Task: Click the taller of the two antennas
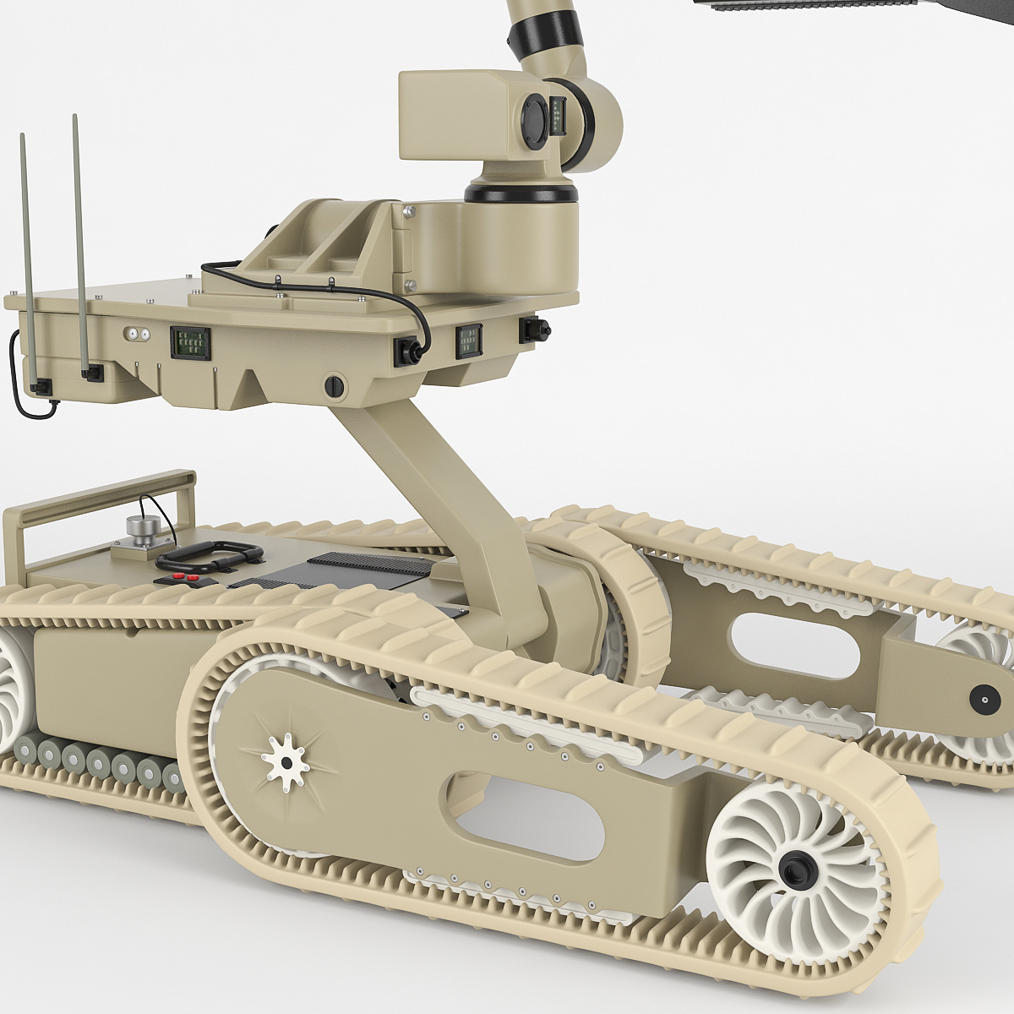coord(80,245)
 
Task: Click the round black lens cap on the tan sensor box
coord(535,118)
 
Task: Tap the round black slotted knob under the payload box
coord(335,386)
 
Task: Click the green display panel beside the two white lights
coord(190,342)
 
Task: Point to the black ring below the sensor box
coord(521,193)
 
